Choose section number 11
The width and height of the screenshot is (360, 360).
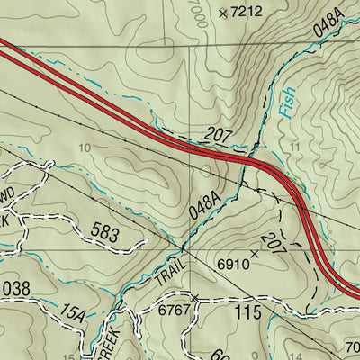click(x=294, y=145)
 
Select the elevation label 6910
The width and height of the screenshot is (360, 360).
click(x=232, y=265)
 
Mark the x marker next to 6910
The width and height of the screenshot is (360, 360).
click(x=254, y=254)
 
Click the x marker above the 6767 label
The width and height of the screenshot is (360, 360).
click(x=194, y=296)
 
